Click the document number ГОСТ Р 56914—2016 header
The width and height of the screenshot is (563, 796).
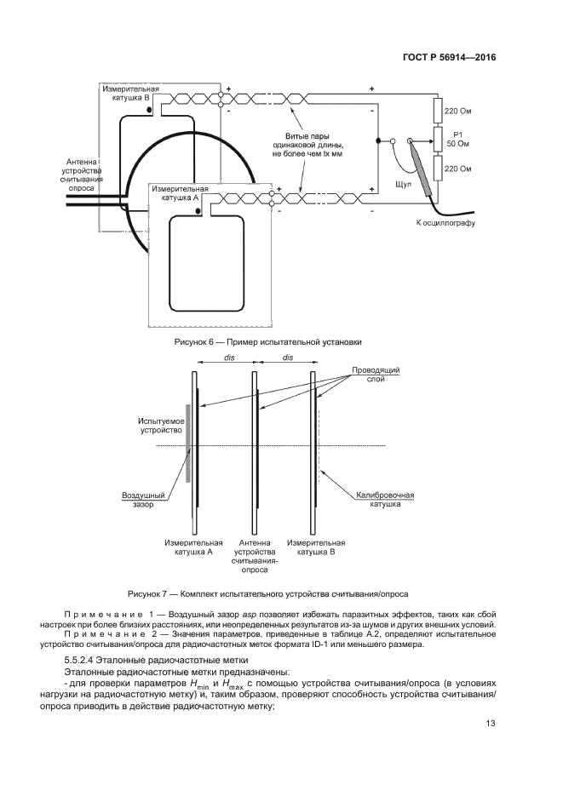(448, 58)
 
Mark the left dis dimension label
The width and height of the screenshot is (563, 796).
(228, 359)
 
